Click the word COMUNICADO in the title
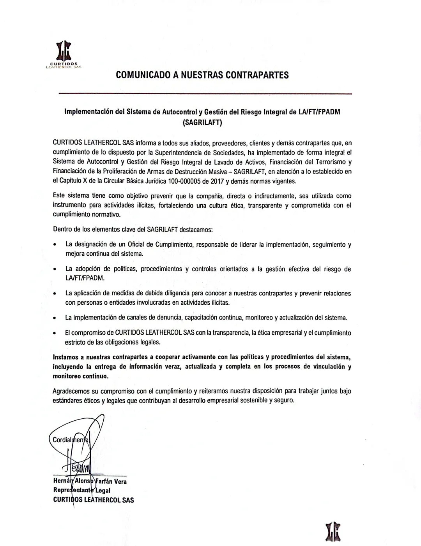coord(143,75)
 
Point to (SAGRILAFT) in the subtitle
coord(202,122)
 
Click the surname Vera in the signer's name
coord(120,481)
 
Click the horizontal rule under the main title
coord(205,94)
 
